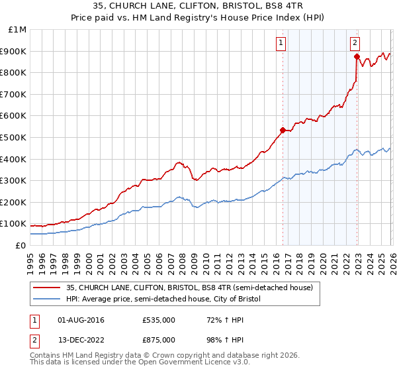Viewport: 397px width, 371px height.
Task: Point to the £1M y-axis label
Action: [18, 30]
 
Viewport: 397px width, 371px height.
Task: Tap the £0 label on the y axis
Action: [21, 245]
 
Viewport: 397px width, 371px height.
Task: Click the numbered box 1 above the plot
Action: [281, 43]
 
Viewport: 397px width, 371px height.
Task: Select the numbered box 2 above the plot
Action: [355, 43]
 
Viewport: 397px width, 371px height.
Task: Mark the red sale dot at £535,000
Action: [283, 130]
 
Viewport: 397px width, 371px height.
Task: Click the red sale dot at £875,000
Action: [357, 57]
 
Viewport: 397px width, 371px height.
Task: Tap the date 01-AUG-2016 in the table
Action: [81, 320]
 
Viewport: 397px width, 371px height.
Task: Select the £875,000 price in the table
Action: [157, 339]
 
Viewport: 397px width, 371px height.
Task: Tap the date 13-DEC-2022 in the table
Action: [81, 339]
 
